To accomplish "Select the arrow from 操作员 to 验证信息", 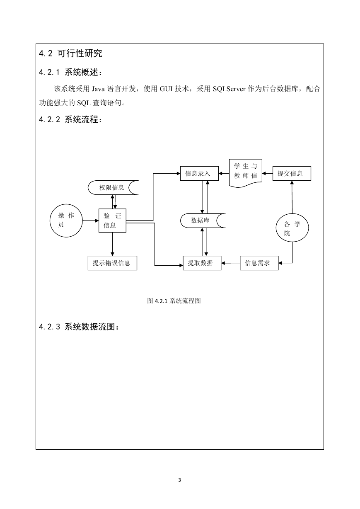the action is click(91, 221).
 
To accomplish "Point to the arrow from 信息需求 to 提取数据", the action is click(230, 263).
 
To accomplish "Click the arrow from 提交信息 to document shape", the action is click(267, 173).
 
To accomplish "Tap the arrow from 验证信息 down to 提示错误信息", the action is click(112, 244).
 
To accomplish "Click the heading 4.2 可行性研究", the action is click(70, 53).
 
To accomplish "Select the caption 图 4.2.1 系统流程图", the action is click(174, 301).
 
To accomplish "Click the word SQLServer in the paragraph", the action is click(229, 89).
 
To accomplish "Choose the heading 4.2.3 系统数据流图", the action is click(79, 327).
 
